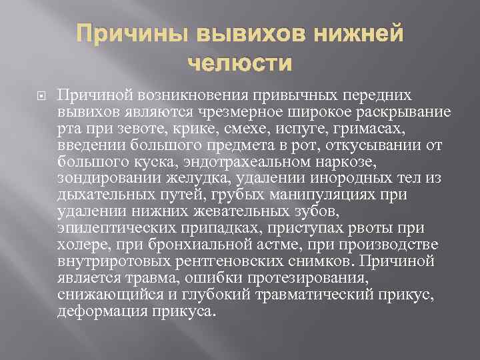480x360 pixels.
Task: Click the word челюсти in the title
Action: pyautogui.click(x=240, y=64)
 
